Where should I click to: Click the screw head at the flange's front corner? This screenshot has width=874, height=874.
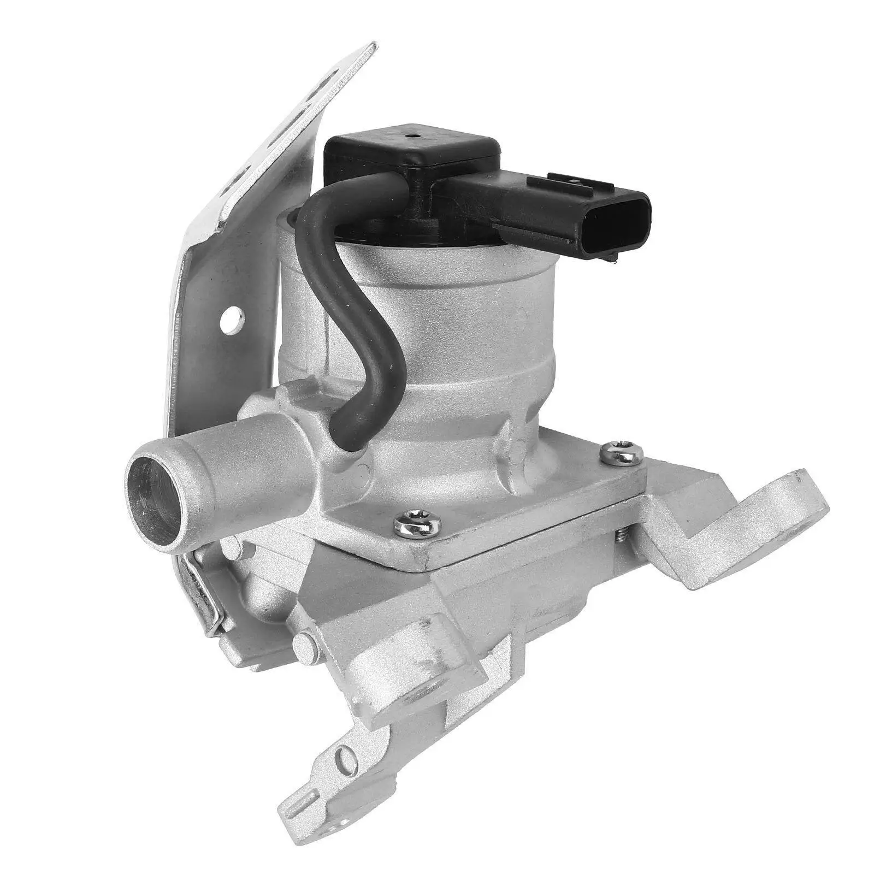pyautogui.click(x=417, y=525)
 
